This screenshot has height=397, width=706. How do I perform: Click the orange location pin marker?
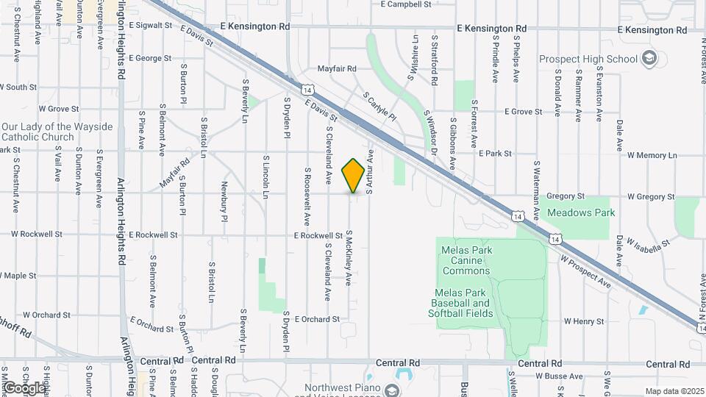tap(354, 176)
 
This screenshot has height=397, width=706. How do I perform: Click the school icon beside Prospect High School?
tap(649, 58)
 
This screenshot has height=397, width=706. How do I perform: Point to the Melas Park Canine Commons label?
tap(466, 260)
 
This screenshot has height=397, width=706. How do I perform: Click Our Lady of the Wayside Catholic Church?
tap(57, 132)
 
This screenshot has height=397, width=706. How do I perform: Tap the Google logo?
tap(24, 387)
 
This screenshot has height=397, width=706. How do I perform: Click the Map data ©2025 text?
tap(674, 391)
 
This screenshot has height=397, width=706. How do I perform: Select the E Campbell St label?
tap(405, 4)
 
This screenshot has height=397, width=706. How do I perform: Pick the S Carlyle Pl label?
tap(379, 107)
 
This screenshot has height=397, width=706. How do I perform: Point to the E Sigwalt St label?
tap(149, 25)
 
